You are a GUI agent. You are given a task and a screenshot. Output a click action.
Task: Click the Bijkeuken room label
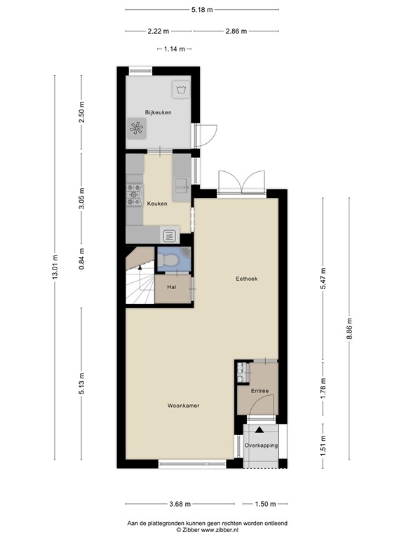(158, 112)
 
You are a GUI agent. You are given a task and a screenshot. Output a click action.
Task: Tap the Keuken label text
(157, 203)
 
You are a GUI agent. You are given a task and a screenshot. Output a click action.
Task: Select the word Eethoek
(246, 279)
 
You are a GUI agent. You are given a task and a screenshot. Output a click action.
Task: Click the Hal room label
(170, 287)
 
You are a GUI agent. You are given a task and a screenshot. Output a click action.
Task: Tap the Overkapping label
(261, 446)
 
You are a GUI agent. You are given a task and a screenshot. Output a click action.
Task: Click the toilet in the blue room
(168, 260)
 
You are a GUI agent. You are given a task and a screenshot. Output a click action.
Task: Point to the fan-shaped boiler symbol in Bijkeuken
(136, 128)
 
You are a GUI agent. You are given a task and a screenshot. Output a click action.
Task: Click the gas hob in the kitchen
(133, 195)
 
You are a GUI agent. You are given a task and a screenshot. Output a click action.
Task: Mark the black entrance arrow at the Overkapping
(260, 430)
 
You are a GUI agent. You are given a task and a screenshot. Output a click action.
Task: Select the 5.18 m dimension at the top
(202, 10)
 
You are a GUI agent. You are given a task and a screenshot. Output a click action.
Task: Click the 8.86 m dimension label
(349, 327)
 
